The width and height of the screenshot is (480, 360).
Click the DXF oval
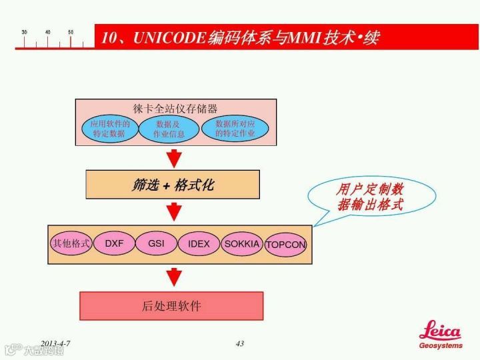pos(114,243)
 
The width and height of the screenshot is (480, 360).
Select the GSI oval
pos(156,243)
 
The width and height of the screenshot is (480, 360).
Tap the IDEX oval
pos(199,243)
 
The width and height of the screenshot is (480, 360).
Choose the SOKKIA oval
pos(241,244)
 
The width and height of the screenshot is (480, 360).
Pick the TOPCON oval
pos(286,245)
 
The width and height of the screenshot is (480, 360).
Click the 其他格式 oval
pos(71,243)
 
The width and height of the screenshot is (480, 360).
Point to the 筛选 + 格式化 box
pos(172,185)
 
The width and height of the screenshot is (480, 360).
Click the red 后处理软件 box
pos(171,306)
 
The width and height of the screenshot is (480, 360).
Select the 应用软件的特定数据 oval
pos(109,128)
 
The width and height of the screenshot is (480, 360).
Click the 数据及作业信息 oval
pos(169,129)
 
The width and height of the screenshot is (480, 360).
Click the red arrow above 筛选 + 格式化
pos(174,158)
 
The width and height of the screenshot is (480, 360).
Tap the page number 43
pos(240,344)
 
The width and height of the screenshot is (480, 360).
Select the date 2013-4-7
pos(55,344)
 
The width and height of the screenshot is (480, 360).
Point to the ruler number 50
pos(71,32)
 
